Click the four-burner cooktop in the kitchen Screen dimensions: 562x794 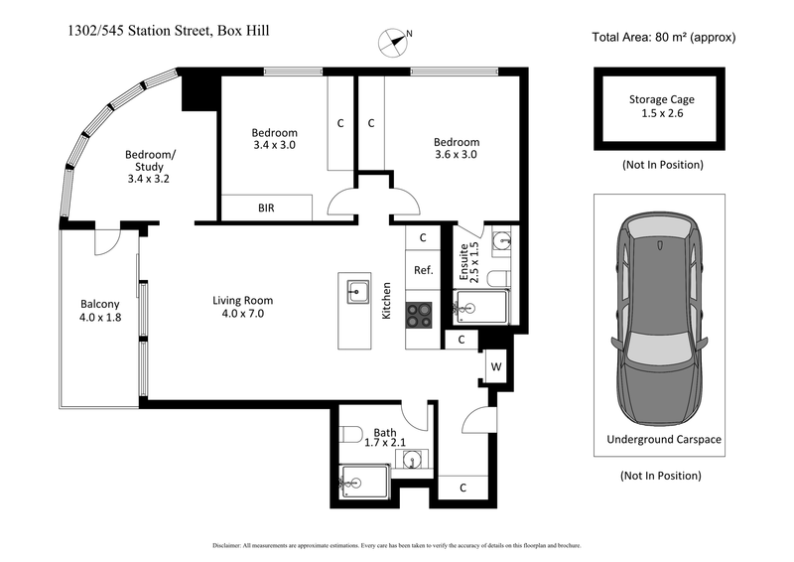[420, 315]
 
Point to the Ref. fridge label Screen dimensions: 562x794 [422, 270]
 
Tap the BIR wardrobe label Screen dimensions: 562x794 [266, 208]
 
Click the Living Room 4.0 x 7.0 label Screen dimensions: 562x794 [242, 307]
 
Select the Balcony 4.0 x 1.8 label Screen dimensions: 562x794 [99, 311]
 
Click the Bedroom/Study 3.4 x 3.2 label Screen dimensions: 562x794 [150, 167]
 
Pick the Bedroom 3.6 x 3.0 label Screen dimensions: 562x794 [457, 148]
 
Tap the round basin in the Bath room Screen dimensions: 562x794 [414, 458]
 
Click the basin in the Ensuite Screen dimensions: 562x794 [502, 239]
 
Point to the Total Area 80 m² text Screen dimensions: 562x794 [663, 39]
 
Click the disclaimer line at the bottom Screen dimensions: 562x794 [397, 545]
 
